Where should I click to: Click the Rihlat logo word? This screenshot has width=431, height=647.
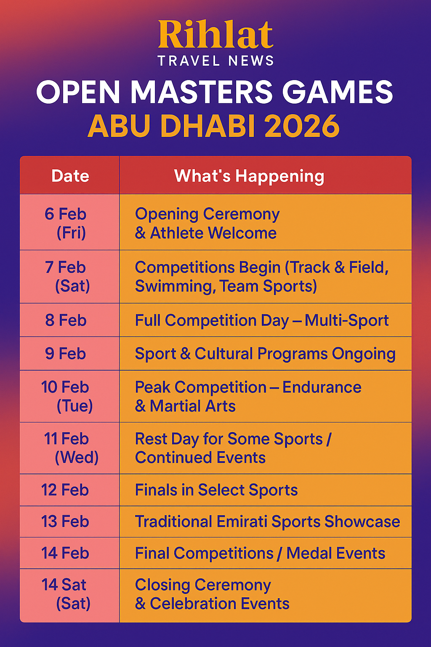[x=215, y=34]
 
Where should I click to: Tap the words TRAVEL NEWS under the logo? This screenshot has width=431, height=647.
[x=215, y=61]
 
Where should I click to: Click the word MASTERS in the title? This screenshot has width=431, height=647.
[x=202, y=91]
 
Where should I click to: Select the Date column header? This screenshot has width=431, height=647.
[x=70, y=176]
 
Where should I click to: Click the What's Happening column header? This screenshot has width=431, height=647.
[x=249, y=176]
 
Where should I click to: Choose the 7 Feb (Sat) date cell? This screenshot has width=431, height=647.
[x=69, y=277]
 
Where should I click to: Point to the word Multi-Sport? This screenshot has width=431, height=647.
[x=347, y=320]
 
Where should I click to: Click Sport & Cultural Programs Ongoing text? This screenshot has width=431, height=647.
[x=265, y=354]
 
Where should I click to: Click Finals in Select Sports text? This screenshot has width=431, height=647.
[x=216, y=490]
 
